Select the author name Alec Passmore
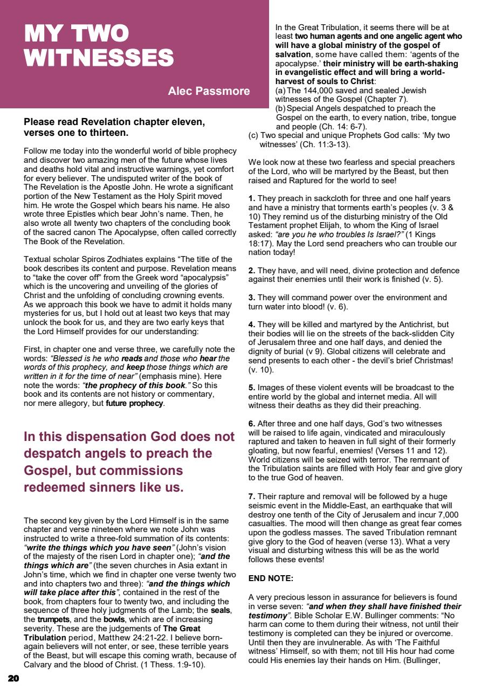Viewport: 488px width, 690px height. tap(209, 91)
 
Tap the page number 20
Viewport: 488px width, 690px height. tap(13, 678)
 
